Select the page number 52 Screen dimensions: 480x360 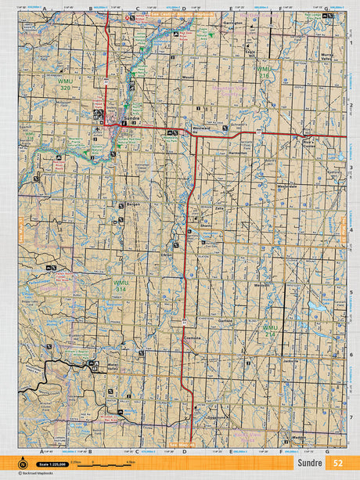tap(337, 463)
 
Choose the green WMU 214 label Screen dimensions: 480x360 tap(270, 330)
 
